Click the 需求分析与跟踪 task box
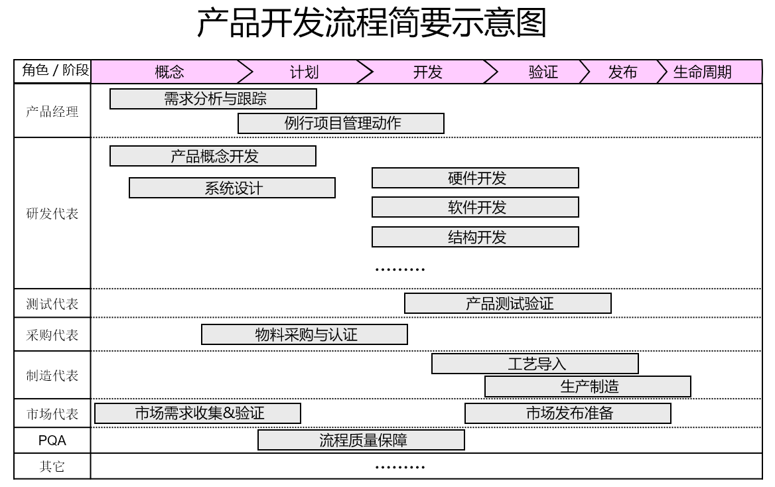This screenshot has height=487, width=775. pos(213,99)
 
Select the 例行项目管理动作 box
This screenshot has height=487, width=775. pos(341,123)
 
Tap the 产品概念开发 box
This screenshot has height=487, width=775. pos(213,156)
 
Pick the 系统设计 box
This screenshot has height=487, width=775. pos(232,188)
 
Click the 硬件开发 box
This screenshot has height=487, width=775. pos(475,178)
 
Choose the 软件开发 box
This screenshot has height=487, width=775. pos(475,208)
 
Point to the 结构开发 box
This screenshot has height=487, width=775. pos(475,237)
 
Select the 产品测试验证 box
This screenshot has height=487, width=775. pos(508,303)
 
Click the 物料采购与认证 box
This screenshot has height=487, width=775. pos(305,334)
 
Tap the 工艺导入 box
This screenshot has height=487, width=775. pos(535,364)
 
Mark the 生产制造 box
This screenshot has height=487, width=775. pos(588,386)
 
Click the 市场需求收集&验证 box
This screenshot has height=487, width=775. pos(198,413)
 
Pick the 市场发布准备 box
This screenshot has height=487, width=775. pos(568,413)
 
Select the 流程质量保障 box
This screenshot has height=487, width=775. pos(361,440)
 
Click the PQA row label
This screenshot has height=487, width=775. pos(52,440)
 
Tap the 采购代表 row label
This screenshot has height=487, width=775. pos(52,335)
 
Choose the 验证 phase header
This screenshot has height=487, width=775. pos(543,72)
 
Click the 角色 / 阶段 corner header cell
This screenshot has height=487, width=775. pos(52,71)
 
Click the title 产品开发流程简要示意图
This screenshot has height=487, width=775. pos(372,24)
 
